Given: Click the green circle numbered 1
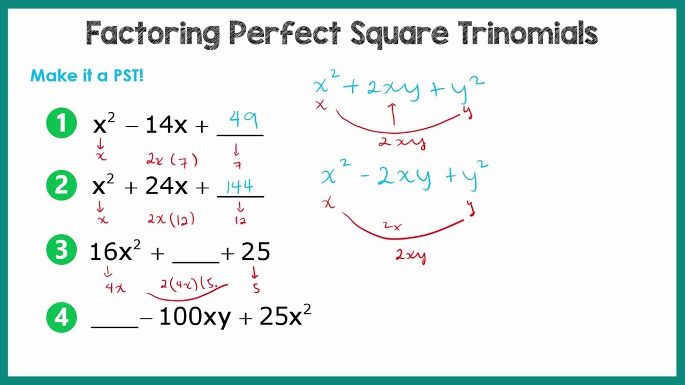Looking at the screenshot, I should (x=62, y=124).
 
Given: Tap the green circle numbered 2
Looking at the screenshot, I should (x=62, y=186).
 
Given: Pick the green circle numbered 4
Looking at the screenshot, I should (x=62, y=318).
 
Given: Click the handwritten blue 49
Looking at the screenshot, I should (x=243, y=120).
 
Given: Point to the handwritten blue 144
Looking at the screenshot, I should (x=239, y=186).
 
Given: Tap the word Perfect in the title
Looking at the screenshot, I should (x=285, y=34).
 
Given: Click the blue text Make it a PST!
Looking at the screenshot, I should (x=87, y=75).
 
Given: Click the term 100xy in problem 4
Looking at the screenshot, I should (x=195, y=318).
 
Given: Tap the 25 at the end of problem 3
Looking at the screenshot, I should (x=255, y=252).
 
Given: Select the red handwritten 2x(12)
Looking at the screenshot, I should (x=171, y=219).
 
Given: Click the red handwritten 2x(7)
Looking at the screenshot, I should (x=172, y=159).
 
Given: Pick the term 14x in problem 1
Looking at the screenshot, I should (x=166, y=125).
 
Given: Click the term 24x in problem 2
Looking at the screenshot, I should (x=166, y=187).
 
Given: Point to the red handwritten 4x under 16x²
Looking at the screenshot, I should (x=116, y=288).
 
